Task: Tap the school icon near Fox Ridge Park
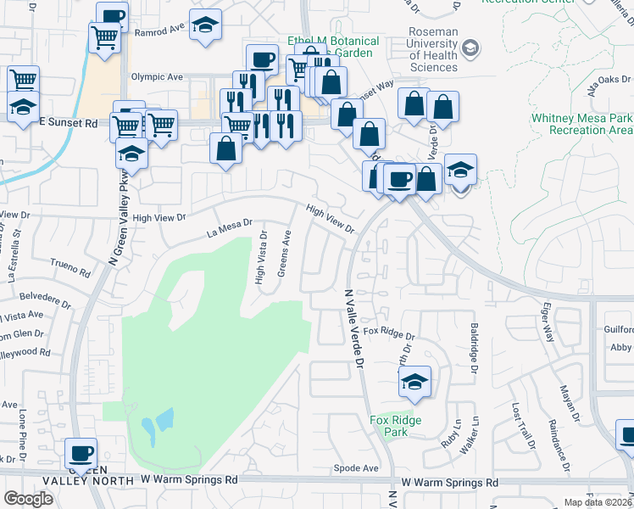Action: (414, 382)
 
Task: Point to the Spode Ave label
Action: (356, 467)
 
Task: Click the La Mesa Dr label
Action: (230, 227)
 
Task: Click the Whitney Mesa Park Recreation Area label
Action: (581, 124)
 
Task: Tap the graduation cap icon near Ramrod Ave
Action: (204, 26)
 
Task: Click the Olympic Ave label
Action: (157, 76)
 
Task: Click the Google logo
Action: (27, 499)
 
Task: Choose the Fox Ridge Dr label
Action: (388, 334)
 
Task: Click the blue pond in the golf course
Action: (158, 424)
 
